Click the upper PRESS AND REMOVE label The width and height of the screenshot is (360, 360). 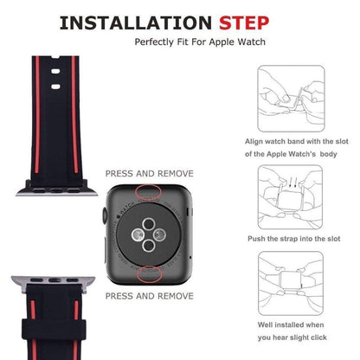149,173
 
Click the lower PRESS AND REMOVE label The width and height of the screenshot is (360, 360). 149,296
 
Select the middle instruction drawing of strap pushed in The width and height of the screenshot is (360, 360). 291,196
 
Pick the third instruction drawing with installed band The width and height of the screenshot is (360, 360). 291,280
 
